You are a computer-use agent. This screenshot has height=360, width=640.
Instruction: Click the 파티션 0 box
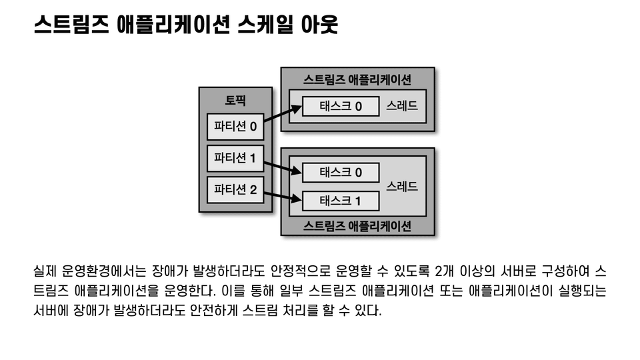point(235,126)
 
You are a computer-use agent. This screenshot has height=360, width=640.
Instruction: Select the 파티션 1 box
point(235,158)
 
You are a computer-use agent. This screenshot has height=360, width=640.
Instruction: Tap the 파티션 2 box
point(235,189)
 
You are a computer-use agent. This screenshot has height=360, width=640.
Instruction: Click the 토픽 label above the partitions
point(235,101)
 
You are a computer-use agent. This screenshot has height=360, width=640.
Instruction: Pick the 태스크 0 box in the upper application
point(341,107)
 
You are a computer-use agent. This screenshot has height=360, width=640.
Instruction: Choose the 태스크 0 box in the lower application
point(341,172)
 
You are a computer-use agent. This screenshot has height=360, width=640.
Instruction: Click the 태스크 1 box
point(341,201)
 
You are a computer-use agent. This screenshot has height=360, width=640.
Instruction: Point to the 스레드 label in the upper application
point(402,107)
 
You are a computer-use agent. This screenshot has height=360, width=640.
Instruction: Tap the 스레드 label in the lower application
point(402,187)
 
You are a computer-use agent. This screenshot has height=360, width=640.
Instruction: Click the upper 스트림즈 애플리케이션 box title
point(357,79)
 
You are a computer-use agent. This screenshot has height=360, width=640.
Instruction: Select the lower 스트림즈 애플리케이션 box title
point(357,225)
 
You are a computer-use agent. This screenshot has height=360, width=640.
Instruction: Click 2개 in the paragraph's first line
point(445,272)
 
